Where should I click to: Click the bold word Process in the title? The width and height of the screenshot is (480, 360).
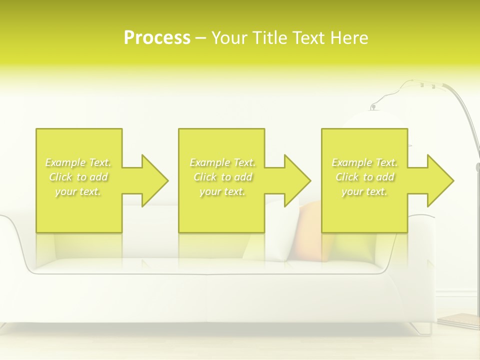click(x=157, y=38)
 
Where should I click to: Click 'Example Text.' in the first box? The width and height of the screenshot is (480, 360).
click(x=78, y=162)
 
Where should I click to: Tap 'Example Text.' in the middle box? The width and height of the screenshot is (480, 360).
click(x=222, y=162)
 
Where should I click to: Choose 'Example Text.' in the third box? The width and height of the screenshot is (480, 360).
click(x=364, y=162)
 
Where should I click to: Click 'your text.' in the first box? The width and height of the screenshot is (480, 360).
click(x=78, y=191)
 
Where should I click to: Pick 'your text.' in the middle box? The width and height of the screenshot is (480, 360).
click(x=222, y=191)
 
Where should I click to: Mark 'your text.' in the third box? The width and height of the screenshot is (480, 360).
click(x=364, y=191)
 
